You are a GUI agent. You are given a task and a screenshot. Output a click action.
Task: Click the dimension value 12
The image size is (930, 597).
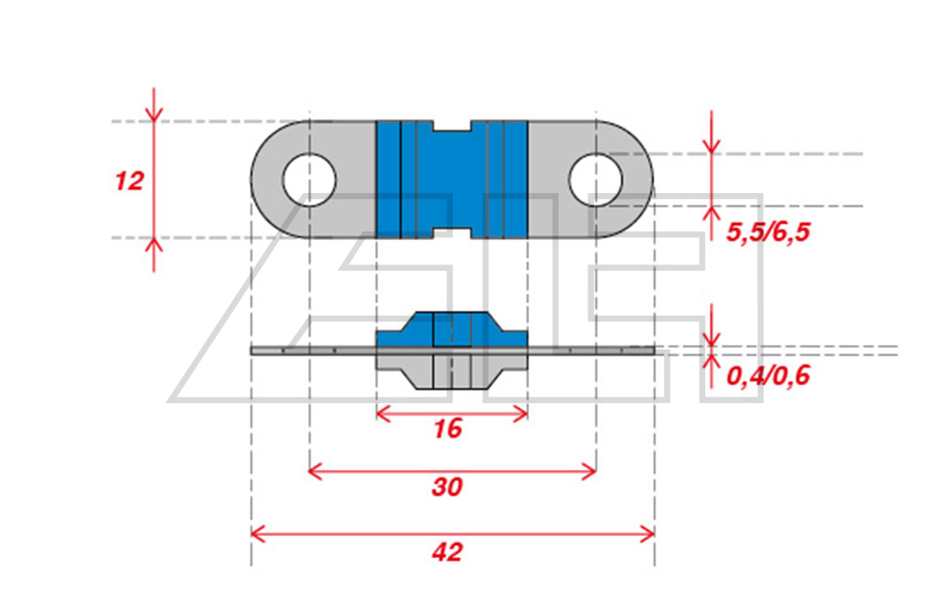point(129,181)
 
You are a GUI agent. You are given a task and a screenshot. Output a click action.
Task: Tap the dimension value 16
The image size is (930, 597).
point(448,428)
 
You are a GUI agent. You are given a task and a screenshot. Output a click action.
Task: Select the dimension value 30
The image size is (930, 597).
point(447,487)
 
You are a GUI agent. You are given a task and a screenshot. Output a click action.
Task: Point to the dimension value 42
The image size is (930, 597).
point(447,552)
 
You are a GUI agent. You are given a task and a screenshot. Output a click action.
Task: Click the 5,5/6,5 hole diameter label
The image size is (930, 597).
point(768,232)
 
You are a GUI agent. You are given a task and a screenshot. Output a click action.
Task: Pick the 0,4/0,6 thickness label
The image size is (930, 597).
point(768,376)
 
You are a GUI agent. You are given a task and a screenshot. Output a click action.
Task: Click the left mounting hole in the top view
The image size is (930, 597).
point(310,179)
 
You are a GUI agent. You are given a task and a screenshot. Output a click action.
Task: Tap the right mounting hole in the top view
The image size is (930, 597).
point(596,179)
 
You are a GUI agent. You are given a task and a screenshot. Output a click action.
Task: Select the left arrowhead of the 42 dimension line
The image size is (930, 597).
point(257,534)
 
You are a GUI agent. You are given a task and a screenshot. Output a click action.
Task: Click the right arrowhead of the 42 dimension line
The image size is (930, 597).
point(648,534)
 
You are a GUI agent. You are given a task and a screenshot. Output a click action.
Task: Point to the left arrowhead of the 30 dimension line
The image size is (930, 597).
point(316,472)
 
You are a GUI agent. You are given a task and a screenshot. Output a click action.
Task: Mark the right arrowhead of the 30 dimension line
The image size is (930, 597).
point(589,472)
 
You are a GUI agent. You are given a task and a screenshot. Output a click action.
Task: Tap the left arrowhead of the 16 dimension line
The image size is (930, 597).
point(383,414)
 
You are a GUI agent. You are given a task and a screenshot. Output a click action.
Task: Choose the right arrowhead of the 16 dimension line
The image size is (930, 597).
point(521,414)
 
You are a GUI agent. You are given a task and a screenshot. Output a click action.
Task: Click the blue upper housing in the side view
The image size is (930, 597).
point(452,329)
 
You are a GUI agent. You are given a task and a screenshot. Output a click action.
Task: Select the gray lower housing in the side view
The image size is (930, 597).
point(452,371)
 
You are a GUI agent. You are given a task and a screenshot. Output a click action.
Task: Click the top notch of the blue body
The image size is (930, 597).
point(452,127)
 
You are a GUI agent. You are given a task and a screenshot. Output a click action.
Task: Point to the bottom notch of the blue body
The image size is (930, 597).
point(452,233)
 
